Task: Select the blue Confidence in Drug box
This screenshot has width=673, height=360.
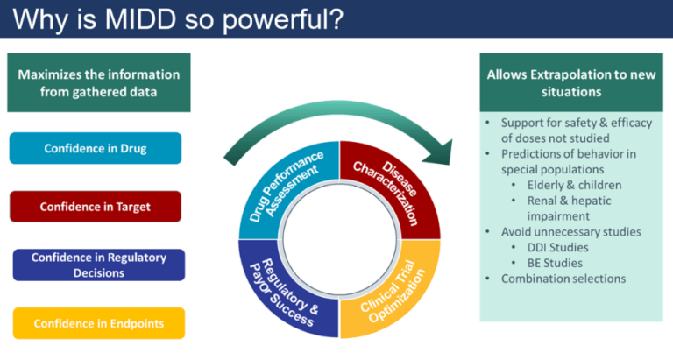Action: click(96, 148)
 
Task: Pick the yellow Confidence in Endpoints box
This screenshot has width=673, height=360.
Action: click(98, 323)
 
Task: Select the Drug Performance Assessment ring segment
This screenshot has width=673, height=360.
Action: click(284, 184)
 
